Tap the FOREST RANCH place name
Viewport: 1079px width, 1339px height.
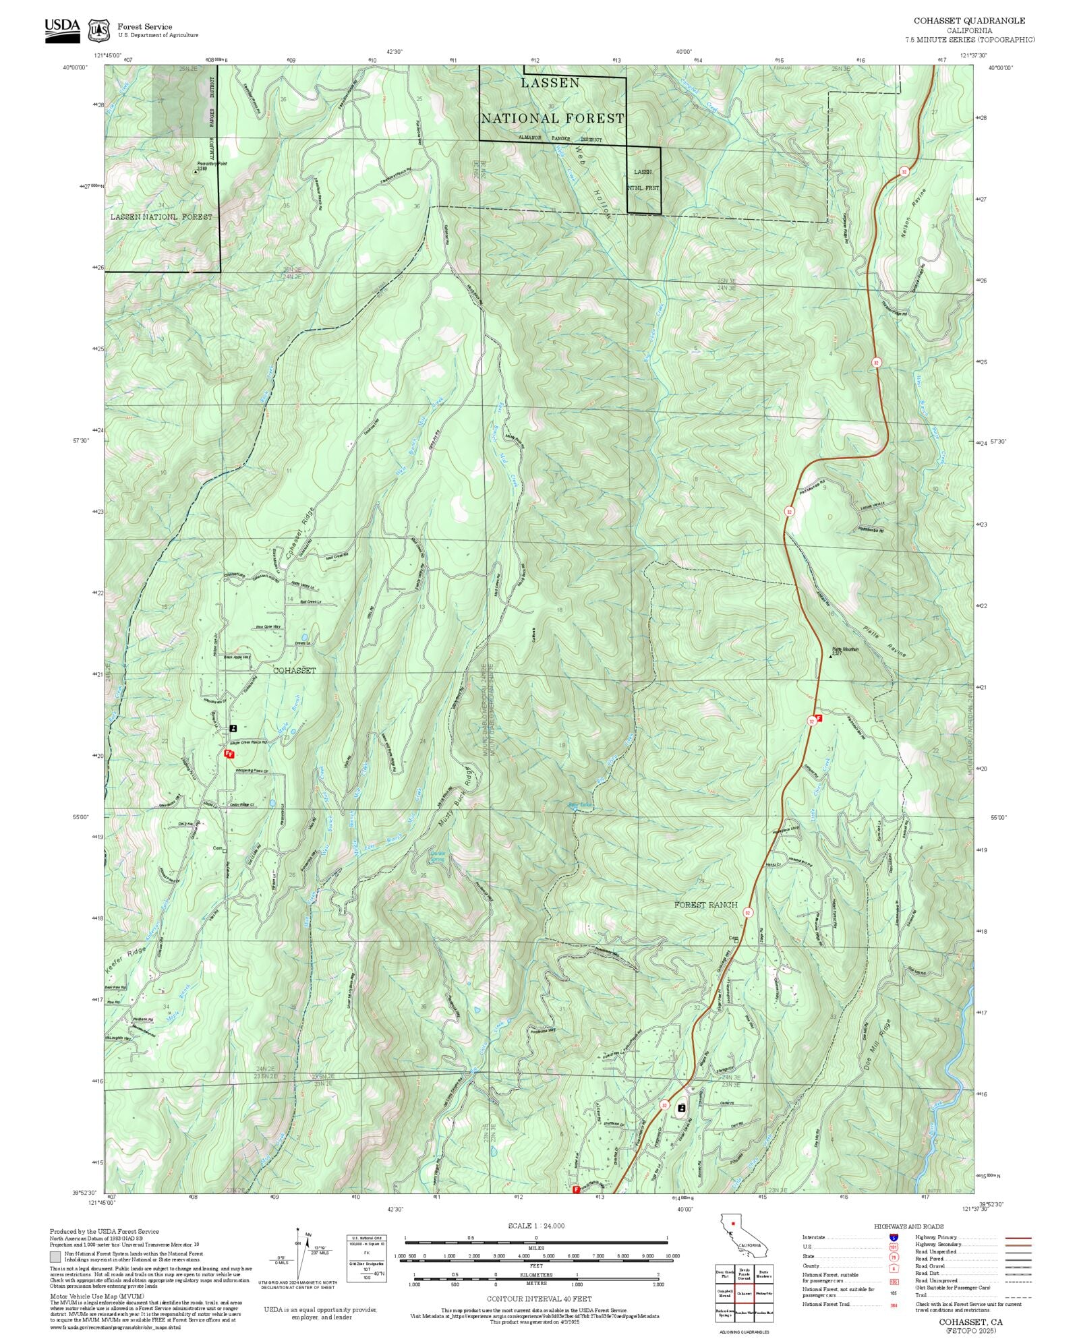pyautogui.click(x=705, y=905)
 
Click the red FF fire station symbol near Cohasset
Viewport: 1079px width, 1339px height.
pyautogui.click(x=229, y=754)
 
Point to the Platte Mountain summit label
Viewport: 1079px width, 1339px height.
pyautogui.click(x=844, y=650)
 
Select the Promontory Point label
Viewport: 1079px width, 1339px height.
pyautogui.click(x=211, y=165)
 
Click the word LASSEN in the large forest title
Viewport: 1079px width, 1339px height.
pyautogui.click(x=550, y=83)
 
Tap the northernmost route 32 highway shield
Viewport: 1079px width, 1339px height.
pyautogui.click(x=904, y=172)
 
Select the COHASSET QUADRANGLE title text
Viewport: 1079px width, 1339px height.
pyautogui.click(x=969, y=21)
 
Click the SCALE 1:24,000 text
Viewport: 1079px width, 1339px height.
pyautogui.click(x=536, y=1226)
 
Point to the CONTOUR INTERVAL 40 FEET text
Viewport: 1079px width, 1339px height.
pyautogui.click(x=539, y=1298)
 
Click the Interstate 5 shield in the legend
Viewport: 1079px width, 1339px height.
pyautogui.click(x=894, y=1237)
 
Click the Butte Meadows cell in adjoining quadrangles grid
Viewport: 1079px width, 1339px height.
pyautogui.click(x=764, y=1274)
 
